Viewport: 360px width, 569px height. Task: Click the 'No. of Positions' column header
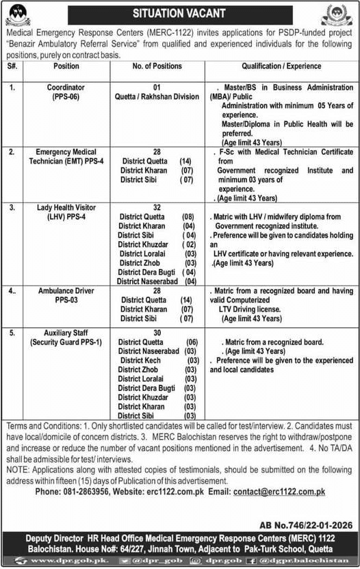tap(157, 66)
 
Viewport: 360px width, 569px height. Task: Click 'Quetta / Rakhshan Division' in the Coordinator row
tap(157, 97)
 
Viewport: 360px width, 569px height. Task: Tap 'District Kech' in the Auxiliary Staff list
tap(144, 360)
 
